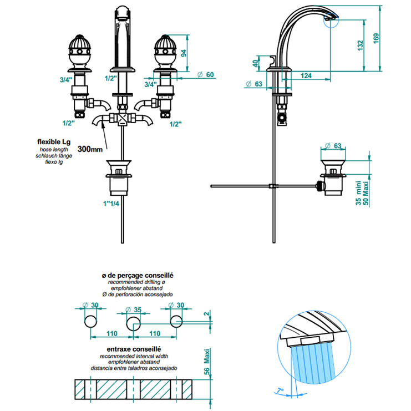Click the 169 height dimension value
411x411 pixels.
(376, 39)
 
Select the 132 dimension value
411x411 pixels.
(361, 44)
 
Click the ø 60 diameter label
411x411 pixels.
(205, 74)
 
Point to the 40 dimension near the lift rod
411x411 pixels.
(255, 63)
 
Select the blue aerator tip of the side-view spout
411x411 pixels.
(331, 22)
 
